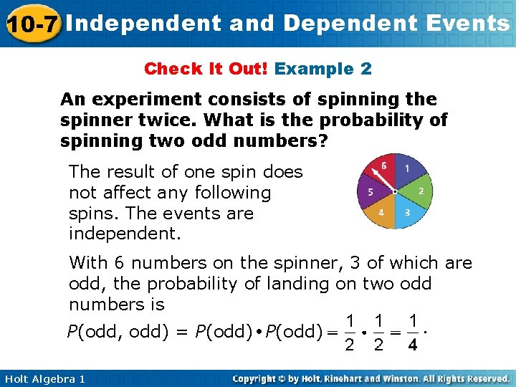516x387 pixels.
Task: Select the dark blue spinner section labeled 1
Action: (x=406, y=171)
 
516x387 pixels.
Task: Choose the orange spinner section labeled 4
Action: (x=382, y=213)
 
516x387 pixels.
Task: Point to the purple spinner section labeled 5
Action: (x=369, y=191)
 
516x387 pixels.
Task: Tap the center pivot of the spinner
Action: (x=394, y=191)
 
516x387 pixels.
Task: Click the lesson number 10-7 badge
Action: (x=32, y=24)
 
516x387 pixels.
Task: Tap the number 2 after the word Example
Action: (x=365, y=69)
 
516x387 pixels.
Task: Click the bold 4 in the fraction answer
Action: (x=412, y=347)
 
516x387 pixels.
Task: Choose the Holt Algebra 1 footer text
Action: (x=43, y=378)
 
